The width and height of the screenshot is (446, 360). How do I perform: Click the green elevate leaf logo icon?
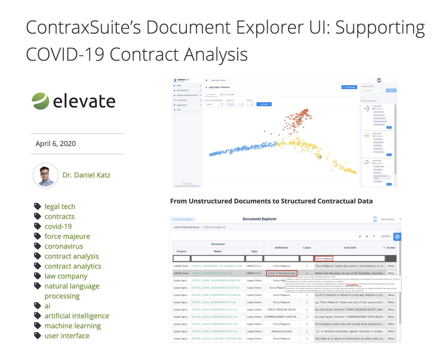pos(40,101)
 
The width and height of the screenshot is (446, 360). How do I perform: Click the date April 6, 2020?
pos(56,144)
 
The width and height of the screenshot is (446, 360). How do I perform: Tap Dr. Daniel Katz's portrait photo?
pos(46,175)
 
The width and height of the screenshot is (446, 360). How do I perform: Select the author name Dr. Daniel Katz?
pos(86,175)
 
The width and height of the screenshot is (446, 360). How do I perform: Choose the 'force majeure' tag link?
pos(67,236)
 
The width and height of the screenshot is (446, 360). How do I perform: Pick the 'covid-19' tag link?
pos(58,226)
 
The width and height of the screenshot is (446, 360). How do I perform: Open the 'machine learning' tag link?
pos(73,326)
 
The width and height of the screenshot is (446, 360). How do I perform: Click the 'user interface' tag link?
pos(67,336)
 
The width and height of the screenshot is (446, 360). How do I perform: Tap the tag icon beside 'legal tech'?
pos(38,206)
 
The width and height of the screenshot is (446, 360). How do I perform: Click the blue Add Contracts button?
pos(349,87)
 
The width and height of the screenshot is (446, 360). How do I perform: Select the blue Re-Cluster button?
pos(264,104)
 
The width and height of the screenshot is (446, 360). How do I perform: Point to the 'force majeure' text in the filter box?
pos(324,259)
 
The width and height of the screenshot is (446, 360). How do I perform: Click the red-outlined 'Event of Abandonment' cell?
pos(281,273)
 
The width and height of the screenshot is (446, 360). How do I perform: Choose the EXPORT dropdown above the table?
pos(387,236)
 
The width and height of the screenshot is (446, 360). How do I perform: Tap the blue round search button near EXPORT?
pos(397,237)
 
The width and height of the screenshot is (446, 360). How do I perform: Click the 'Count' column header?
pos(307,248)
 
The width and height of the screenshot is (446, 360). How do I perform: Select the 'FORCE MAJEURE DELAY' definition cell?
pos(281,309)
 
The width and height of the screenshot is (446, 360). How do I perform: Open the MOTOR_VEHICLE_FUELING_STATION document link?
pos(217,338)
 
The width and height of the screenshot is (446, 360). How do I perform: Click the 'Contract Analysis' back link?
pos(183,219)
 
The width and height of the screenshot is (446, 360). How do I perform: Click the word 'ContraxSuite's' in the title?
pos(83,28)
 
